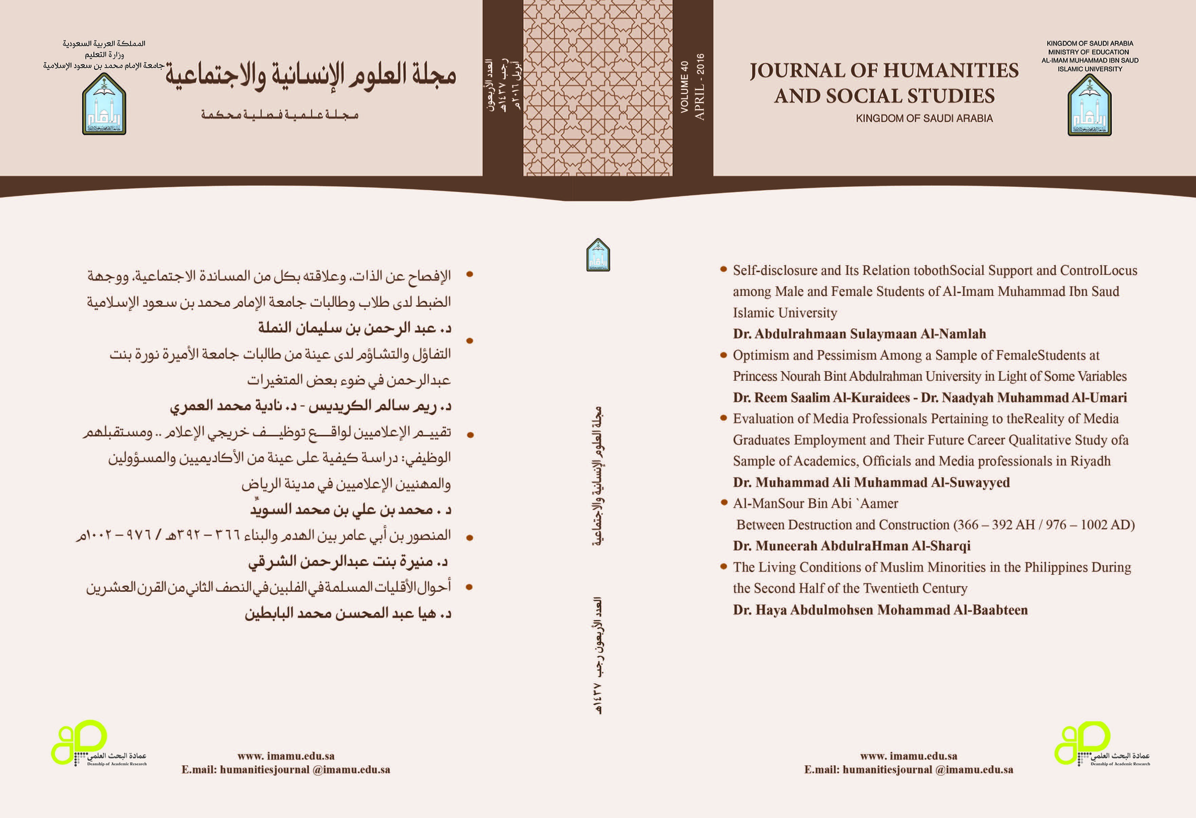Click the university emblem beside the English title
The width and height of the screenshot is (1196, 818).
1089,106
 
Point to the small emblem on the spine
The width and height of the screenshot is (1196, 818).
598,255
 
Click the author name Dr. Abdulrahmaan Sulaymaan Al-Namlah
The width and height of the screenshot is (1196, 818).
859,334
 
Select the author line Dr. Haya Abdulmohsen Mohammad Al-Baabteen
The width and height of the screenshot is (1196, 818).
880,610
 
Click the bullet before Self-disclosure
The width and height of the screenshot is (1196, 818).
723,269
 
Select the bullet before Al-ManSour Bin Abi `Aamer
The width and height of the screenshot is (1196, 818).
723,502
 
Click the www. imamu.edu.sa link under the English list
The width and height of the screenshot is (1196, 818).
908,756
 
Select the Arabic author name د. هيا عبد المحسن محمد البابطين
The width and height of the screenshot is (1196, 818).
348,613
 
